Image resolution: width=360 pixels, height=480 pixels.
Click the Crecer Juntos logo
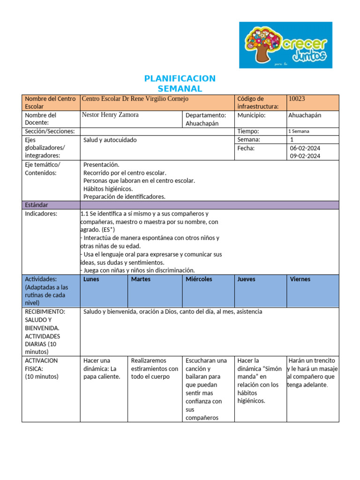(x=285, y=45)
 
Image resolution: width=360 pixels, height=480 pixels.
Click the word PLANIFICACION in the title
(x=180, y=78)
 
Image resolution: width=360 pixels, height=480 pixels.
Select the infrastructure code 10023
(x=297, y=99)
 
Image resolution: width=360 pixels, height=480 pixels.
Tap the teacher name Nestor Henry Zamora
(x=110, y=115)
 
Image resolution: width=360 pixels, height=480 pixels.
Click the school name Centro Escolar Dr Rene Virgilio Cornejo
(x=135, y=99)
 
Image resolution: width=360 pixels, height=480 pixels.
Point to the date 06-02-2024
(x=305, y=148)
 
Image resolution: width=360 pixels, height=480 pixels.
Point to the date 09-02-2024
(x=305, y=157)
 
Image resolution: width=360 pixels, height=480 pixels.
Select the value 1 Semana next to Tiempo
(x=299, y=132)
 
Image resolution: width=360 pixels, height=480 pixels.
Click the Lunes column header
(x=91, y=279)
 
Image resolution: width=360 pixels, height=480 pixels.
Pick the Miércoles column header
(x=199, y=279)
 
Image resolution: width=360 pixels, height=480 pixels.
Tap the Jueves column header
(x=247, y=279)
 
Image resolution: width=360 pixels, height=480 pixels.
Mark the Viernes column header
(x=300, y=279)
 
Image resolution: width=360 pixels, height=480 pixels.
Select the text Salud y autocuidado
(x=110, y=140)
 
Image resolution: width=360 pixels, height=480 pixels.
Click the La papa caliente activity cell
(x=102, y=368)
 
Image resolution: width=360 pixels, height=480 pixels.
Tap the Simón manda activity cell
(x=259, y=381)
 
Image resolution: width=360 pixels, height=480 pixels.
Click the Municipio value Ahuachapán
(x=305, y=115)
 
